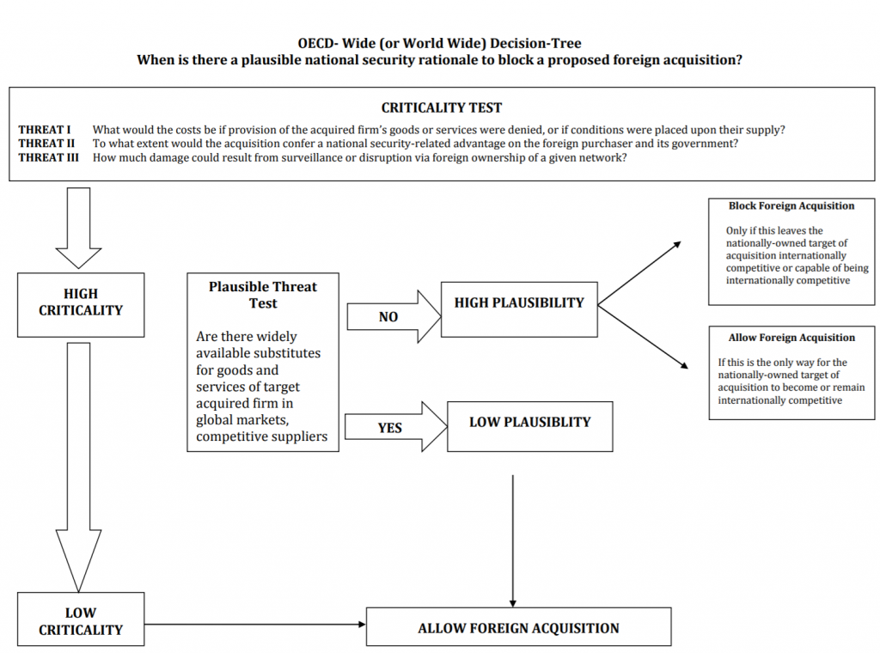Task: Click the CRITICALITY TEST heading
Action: coord(442,107)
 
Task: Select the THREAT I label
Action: coord(45,130)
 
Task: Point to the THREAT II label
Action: coord(46,143)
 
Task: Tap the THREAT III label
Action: coord(48,157)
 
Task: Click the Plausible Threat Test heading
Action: coord(263,295)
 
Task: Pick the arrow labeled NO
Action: coord(394,316)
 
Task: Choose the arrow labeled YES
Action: coord(395,427)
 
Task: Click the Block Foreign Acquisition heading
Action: coord(791,206)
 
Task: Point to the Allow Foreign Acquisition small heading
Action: coord(791,338)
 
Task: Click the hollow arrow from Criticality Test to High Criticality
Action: coord(78,229)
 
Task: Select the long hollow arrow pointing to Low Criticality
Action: coord(78,467)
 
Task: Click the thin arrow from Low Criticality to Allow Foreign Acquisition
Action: coord(255,624)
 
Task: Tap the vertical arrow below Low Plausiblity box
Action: coord(512,541)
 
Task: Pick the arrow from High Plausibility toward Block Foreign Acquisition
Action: coord(639,273)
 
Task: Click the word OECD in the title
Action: coord(316,43)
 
